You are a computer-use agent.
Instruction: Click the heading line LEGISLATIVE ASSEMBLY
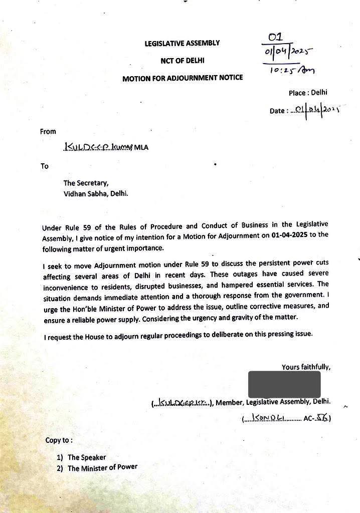[x=182, y=44]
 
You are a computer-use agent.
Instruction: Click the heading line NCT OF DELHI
[x=182, y=61]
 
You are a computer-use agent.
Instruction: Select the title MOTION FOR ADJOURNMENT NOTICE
[x=183, y=78]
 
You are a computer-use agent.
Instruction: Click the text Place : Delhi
[x=308, y=93]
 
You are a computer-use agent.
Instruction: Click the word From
[x=48, y=131]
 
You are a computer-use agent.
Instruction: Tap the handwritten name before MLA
[x=97, y=147]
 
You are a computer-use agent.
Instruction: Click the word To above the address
[x=45, y=166]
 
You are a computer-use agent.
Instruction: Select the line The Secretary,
[x=85, y=183]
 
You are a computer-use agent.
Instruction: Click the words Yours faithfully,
[x=306, y=367]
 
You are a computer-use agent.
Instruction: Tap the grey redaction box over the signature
[x=284, y=385]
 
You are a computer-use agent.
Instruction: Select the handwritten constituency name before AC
[x=273, y=417]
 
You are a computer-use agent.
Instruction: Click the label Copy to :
[x=59, y=440]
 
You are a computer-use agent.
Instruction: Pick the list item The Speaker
[x=87, y=457]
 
